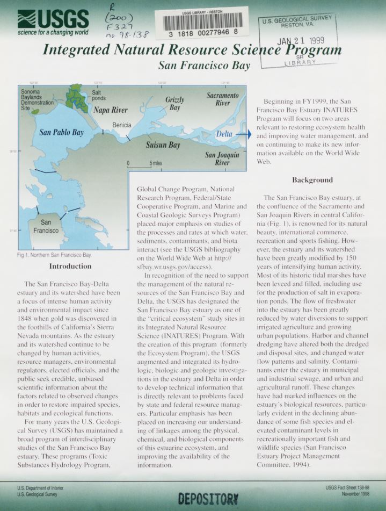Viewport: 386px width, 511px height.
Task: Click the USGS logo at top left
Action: [53, 21]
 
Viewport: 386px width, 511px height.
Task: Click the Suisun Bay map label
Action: [163, 145]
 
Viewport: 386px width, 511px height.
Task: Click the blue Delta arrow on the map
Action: [243, 134]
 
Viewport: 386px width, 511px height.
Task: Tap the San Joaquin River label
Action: [217, 159]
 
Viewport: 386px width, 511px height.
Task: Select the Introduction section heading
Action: [70, 266]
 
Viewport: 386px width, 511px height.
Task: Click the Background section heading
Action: [312, 179]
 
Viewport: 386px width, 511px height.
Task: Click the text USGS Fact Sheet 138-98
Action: [348, 487]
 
